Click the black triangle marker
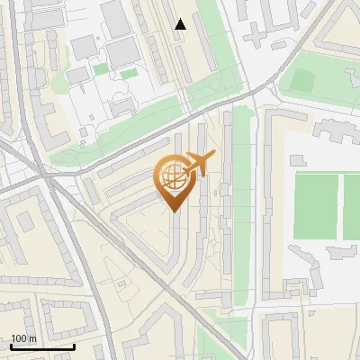[x=181, y=24]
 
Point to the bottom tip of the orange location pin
[x=172, y=211]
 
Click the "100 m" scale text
[x=23, y=338]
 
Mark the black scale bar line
[x=42, y=346]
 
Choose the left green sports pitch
[x=316, y=206]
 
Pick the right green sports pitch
[x=352, y=206]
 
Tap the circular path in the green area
[x=216, y=86]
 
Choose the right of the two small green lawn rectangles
[x=129, y=72]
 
